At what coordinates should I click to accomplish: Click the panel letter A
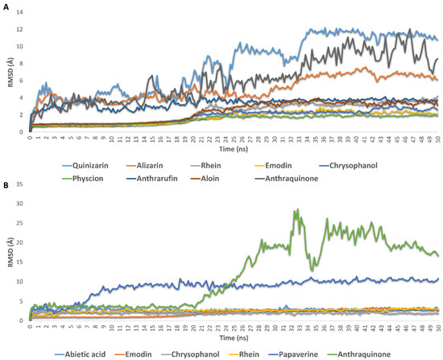(x=6, y=6)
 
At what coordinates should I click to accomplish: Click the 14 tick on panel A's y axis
(x=22, y=13)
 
